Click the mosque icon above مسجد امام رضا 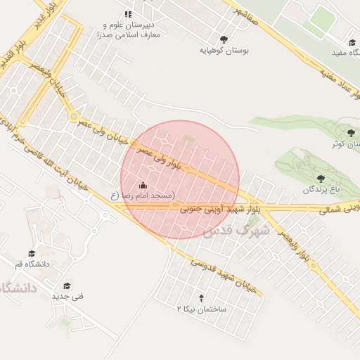(x=144, y=185)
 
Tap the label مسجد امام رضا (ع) (x=143, y=195)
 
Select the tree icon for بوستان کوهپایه (x=224, y=40)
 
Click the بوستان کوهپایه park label (x=224, y=51)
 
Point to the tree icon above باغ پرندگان (x=321, y=179)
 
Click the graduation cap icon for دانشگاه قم (x=32, y=254)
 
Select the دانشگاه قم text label (x=32, y=264)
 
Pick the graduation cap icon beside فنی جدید (x=67, y=286)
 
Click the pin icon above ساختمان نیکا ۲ (x=202, y=298)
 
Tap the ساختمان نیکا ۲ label (x=202, y=309)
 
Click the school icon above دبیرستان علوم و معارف (x=127, y=13)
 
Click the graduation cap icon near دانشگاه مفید (x=352, y=41)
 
